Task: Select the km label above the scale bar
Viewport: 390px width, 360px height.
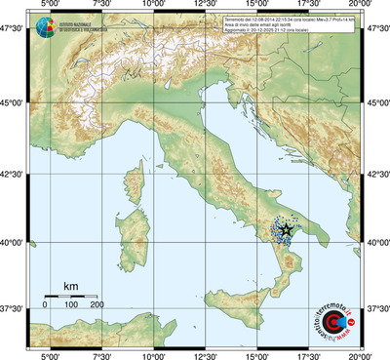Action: (70, 285)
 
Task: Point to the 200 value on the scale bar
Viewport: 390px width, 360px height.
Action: (97, 305)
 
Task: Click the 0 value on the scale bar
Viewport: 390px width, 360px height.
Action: (44, 305)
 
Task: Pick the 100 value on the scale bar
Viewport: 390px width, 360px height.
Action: (70, 305)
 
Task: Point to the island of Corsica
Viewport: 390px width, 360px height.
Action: (137, 182)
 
